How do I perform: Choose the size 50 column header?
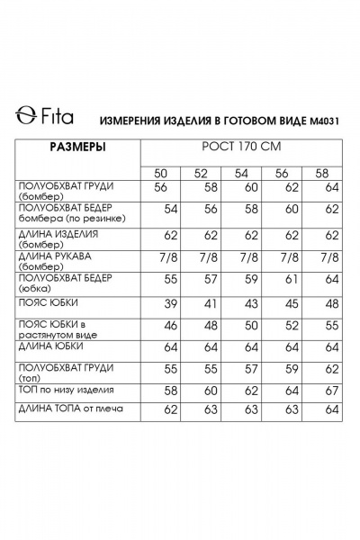(x=162, y=173)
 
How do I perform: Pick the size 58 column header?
(x=321, y=173)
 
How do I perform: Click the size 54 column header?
(x=241, y=173)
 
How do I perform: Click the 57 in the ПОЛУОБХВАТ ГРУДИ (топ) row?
(x=252, y=371)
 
